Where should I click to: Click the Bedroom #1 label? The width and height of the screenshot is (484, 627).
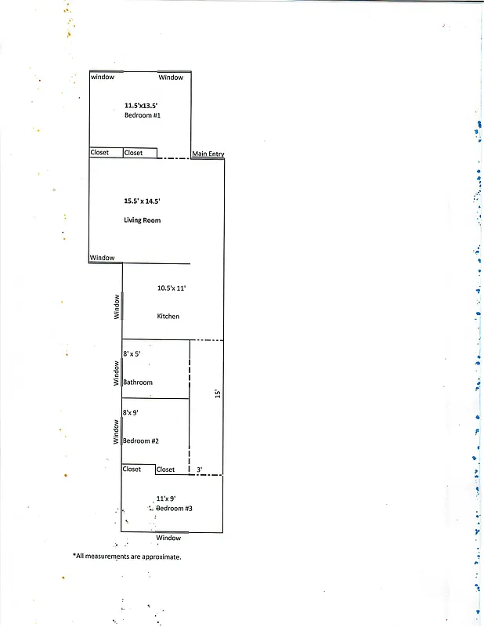[142, 115]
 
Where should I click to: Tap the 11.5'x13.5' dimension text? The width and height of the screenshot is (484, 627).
[142, 105]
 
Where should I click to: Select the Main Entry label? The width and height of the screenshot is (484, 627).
[208, 154]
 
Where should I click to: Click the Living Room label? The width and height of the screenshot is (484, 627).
[142, 220]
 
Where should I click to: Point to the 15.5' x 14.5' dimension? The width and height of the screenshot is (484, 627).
[142, 201]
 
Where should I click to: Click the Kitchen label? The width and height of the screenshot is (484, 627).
[168, 316]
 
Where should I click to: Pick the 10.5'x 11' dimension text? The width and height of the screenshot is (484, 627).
[172, 288]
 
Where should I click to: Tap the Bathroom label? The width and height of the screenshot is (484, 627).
[138, 382]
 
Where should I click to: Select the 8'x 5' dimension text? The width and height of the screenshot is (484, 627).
[132, 354]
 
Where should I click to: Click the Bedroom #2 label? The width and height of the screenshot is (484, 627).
[141, 440]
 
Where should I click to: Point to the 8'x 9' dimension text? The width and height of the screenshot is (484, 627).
[130, 412]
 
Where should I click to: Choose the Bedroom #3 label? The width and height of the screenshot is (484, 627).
[174, 509]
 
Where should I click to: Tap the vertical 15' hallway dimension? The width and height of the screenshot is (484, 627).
[219, 390]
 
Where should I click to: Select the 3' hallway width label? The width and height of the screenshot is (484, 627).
[200, 469]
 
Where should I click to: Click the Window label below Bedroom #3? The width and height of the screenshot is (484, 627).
[168, 538]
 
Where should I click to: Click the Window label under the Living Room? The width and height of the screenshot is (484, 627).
[102, 258]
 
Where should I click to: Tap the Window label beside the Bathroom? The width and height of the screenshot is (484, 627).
[117, 372]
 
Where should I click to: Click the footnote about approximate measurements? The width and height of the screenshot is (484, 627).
[127, 556]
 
